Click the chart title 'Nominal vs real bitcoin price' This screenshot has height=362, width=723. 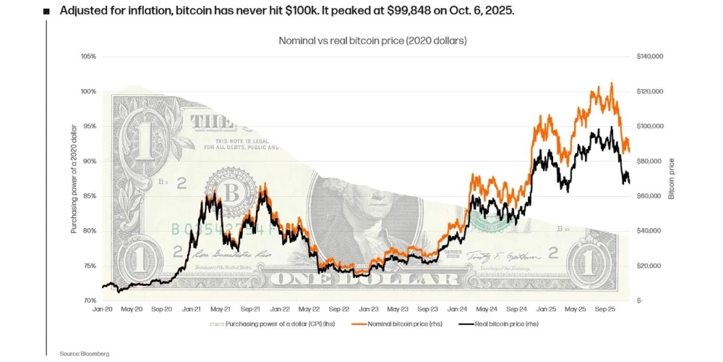[x=372, y=41]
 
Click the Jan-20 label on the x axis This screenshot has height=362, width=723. [x=103, y=309]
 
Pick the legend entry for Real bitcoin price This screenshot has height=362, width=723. [x=499, y=324]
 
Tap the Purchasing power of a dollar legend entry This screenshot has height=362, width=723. [x=275, y=324]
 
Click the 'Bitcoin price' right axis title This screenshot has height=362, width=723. [x=671, y=178]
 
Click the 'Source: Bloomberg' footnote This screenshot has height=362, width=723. [x=85, y=353]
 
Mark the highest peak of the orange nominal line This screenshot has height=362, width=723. [x=612, y=83]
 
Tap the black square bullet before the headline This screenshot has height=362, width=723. [x=47, y=12]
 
